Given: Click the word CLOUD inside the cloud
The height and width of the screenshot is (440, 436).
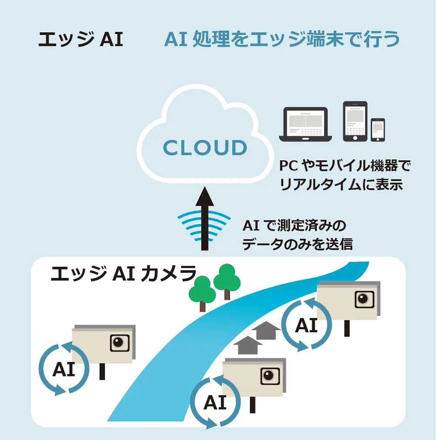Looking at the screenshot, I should (x=204, y=148).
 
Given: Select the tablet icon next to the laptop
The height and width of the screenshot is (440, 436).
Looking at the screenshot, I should (x=355, y=121).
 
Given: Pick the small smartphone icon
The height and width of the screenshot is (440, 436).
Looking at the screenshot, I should (x=378, y=130).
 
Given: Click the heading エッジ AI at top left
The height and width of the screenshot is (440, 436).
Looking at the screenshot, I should (x=81, y=40).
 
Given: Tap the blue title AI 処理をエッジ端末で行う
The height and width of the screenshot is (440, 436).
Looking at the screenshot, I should (x=282, y=40).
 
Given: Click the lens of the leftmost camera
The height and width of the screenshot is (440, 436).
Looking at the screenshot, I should (x=119, y=342).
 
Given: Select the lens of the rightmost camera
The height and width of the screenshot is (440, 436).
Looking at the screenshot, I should (x=363, y=299).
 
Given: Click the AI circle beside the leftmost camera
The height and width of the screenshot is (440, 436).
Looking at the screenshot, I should (x=64, y=369).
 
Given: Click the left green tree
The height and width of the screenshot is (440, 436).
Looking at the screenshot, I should (x=202, y=290).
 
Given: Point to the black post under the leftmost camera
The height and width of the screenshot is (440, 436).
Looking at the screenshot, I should (x=102, y=371).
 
